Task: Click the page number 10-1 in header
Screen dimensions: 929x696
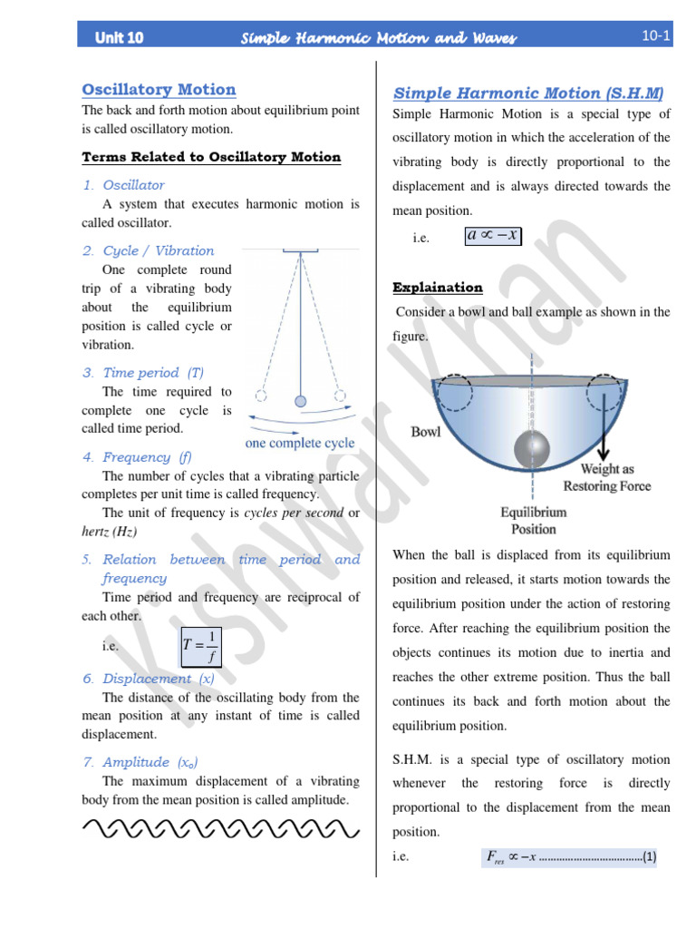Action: pos(655,36)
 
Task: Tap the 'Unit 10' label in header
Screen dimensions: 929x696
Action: pos(119,37)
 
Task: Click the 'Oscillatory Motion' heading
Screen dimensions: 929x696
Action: pos(159,89)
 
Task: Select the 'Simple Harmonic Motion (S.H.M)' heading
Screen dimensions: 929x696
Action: pos(528,93)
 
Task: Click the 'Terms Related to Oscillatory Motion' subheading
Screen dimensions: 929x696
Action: pos(211,157)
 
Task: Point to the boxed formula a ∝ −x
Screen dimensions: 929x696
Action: pos(492,236)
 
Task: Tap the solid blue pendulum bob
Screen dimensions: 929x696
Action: pos(300,400)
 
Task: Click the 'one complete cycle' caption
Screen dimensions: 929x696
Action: pos(300,444)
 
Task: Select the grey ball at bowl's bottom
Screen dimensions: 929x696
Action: pos(532,449)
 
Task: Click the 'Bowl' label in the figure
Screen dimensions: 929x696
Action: pos(426,432)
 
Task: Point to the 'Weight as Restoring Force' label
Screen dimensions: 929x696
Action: pos(606,477)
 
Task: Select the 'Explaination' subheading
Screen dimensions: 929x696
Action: pos(438,288)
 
